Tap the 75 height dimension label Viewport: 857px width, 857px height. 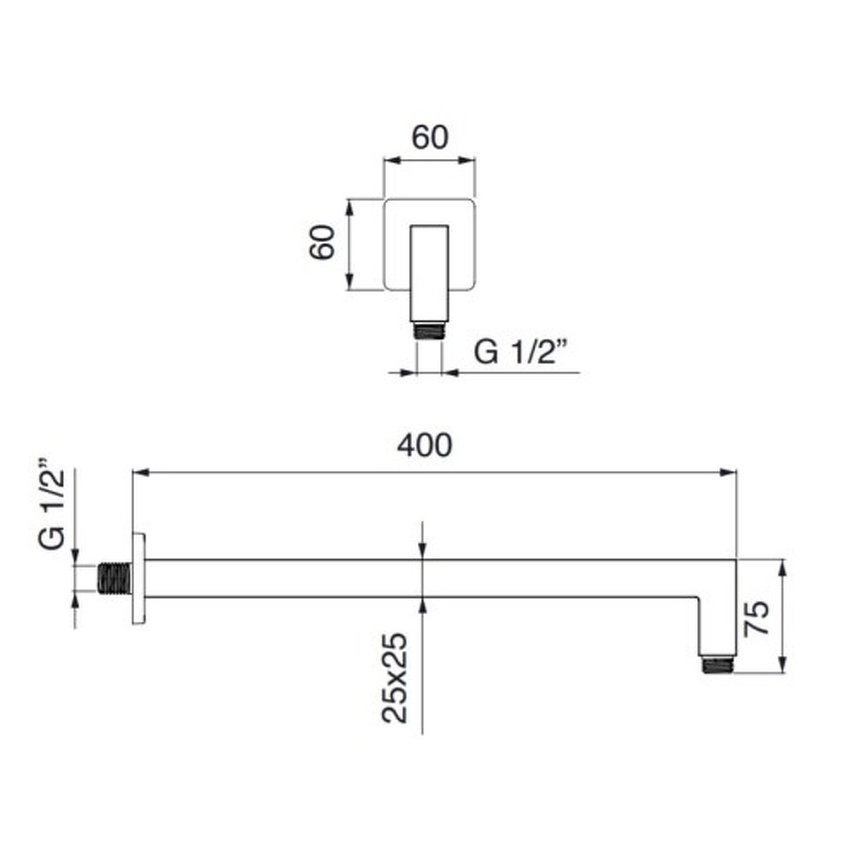757,618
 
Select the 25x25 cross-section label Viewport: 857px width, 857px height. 395,678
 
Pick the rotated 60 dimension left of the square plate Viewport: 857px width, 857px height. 322,242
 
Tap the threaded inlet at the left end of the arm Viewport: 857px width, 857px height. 115,578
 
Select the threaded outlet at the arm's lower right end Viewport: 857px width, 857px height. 718,664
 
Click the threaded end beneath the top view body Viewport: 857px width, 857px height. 429,331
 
